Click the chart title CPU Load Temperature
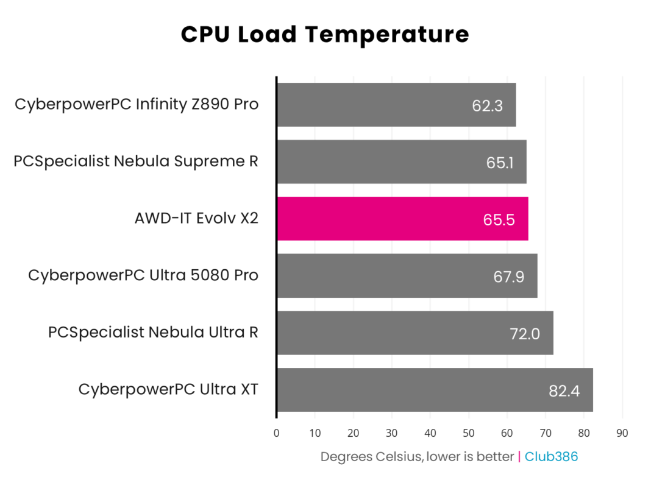325,34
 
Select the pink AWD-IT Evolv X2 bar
402,219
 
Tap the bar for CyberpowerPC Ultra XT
435,390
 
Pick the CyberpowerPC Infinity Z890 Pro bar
396,105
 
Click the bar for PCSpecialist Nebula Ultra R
414,333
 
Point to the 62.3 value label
487,105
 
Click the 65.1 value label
499,163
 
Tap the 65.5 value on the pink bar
499,219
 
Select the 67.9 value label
509,277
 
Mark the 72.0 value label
524,333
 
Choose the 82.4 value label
564,390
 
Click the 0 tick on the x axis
277,433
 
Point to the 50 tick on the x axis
469,433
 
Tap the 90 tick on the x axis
622,433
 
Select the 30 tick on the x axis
392,433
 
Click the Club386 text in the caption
551,456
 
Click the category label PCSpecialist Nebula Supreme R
136,161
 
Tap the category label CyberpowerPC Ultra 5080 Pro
143,275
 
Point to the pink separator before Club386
519,456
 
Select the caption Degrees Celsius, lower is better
417,456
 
